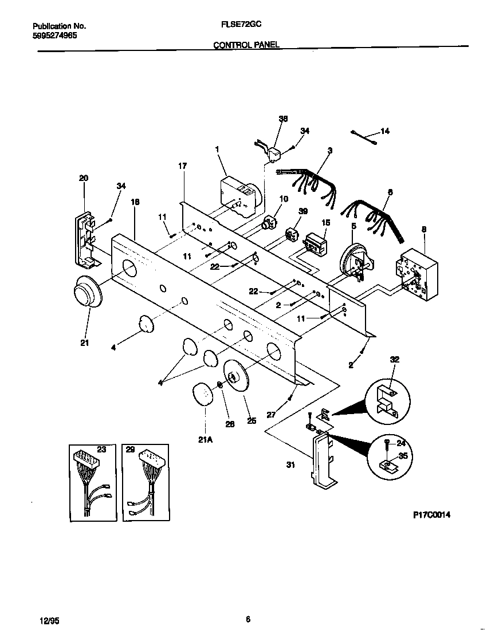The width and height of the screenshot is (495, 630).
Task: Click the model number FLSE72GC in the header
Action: (x=238, y=26)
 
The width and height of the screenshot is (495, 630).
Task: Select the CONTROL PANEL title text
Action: (x=246, y=45)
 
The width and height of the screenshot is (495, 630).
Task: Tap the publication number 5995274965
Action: (x=55, y=35)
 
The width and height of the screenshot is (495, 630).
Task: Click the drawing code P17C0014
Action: (x=431, y=515)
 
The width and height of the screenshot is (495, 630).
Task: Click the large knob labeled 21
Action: (x=86, y=295)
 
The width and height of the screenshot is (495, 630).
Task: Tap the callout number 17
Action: (x=182, y=166)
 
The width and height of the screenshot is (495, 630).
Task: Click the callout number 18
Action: (x=135, y=202)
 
